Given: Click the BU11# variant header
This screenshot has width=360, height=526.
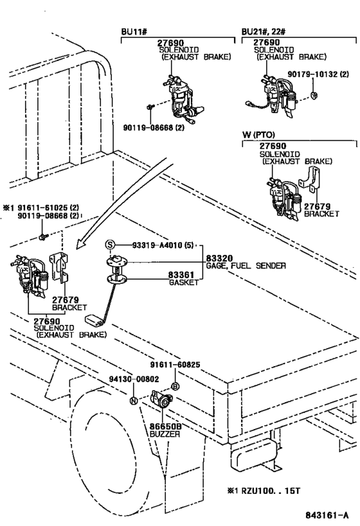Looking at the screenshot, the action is pos(134,32).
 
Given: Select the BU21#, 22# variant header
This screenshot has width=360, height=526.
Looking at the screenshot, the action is pos(264,32).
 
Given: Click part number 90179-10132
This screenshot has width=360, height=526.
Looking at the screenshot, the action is pos(312,74).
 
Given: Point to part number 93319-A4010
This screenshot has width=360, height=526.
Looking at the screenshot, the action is pos(157,245).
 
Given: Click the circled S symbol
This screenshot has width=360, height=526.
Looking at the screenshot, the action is pos(110,245).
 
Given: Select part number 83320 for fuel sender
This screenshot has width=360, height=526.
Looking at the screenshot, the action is pos(219,258).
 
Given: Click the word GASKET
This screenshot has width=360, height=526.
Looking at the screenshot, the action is pos(184,283).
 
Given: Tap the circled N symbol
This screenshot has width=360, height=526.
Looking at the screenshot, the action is pos(134,400).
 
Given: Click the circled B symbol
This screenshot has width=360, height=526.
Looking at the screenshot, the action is pos(175,387).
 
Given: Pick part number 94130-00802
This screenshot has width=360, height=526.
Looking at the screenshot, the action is pos(134,379).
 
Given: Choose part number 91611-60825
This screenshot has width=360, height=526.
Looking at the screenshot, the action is pos(175,365).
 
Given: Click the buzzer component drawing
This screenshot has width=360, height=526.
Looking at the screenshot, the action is pos(161,399).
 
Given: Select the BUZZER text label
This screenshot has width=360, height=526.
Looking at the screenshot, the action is pos(165,434).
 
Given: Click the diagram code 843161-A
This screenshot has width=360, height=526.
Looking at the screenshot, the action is pos(327,515).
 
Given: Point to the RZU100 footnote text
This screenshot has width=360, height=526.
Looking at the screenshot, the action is pos(264,491).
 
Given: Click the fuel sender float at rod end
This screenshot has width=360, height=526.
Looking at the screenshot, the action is pos(95,320).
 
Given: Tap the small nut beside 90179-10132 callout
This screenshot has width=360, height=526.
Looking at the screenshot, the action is pos(314,96).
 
